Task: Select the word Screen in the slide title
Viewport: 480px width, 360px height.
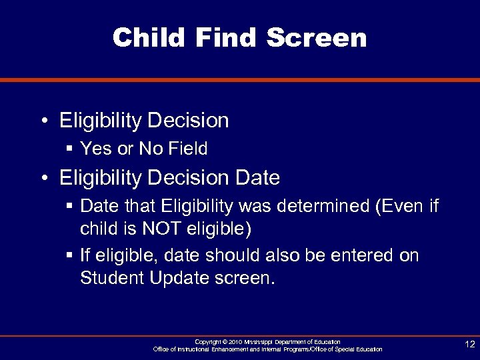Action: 317,37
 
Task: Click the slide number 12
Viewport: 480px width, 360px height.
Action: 469,344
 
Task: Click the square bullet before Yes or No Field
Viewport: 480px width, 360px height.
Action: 69,149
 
